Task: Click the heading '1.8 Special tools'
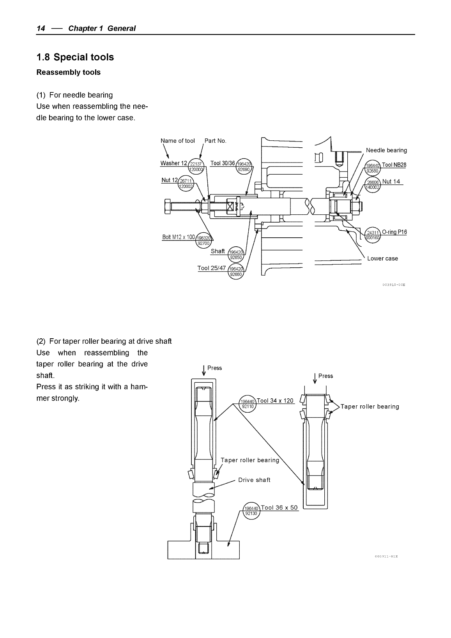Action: tap(75, 57)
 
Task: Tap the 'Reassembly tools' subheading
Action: tap(68, 72)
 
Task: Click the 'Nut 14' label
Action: tap(391, 182)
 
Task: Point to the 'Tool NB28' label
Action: tap(394, 165)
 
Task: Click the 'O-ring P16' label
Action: tap(394, 232)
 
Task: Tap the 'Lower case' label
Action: tap(382, 258)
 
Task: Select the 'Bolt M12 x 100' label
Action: tap(178, 237)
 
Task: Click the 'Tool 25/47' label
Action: tap(212, 268)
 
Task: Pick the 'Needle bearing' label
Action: tap(386, 150)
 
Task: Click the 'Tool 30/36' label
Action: tap(222, 163)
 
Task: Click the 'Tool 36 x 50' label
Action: tap(279, 507)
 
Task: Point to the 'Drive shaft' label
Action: tap(254, 480)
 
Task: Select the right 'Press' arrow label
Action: tap(325, 376)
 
